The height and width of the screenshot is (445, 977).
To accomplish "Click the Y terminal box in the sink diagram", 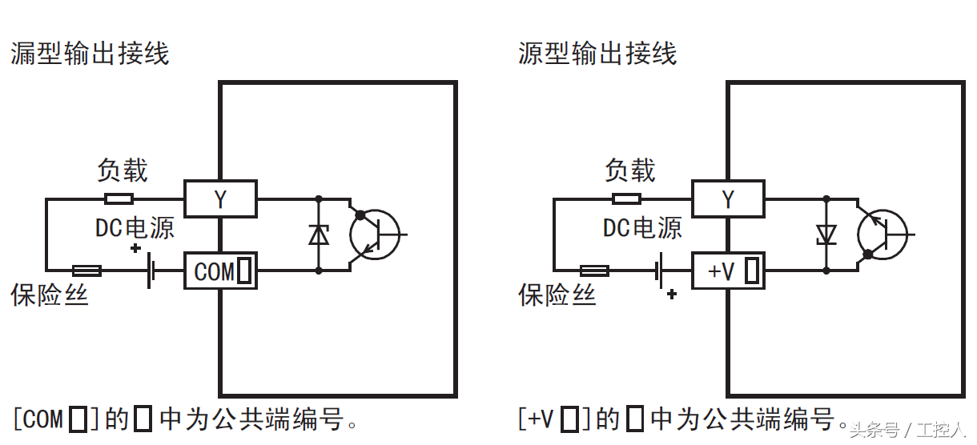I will (x=220, y=198).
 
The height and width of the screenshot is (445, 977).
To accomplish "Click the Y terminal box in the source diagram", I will (x=728, y=198).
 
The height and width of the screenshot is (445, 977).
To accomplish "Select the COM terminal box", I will (x=220, y=271).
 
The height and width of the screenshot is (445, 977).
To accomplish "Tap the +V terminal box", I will (x=728, y=271).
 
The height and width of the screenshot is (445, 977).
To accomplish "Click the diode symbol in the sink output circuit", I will (x=319, y=235).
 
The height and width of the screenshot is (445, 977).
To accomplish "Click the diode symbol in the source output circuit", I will (x=826, y=235).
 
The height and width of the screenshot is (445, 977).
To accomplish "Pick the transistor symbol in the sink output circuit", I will (x=375, y=235).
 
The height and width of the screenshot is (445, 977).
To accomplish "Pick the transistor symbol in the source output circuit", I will (x=882, y=235).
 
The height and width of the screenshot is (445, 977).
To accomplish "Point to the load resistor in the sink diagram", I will (x=119, y=198).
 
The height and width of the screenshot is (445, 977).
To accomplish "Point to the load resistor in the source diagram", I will (x=626, y=198).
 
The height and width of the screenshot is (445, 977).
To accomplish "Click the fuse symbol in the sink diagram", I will (x=86, y=271).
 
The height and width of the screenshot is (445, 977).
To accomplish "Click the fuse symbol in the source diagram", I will (x=594, y=271).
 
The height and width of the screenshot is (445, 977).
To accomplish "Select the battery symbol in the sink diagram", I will (x=151, y=271).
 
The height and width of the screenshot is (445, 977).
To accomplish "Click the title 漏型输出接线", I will (x=90, y=54).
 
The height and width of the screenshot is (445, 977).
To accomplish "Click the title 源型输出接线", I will (x=597, y=54).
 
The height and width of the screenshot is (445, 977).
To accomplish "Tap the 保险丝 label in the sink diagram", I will (x=50, y=295).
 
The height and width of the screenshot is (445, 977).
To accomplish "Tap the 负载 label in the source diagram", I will (x=630, y=170).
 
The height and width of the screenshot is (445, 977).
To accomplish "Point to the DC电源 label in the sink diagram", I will (x=135, y=228).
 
